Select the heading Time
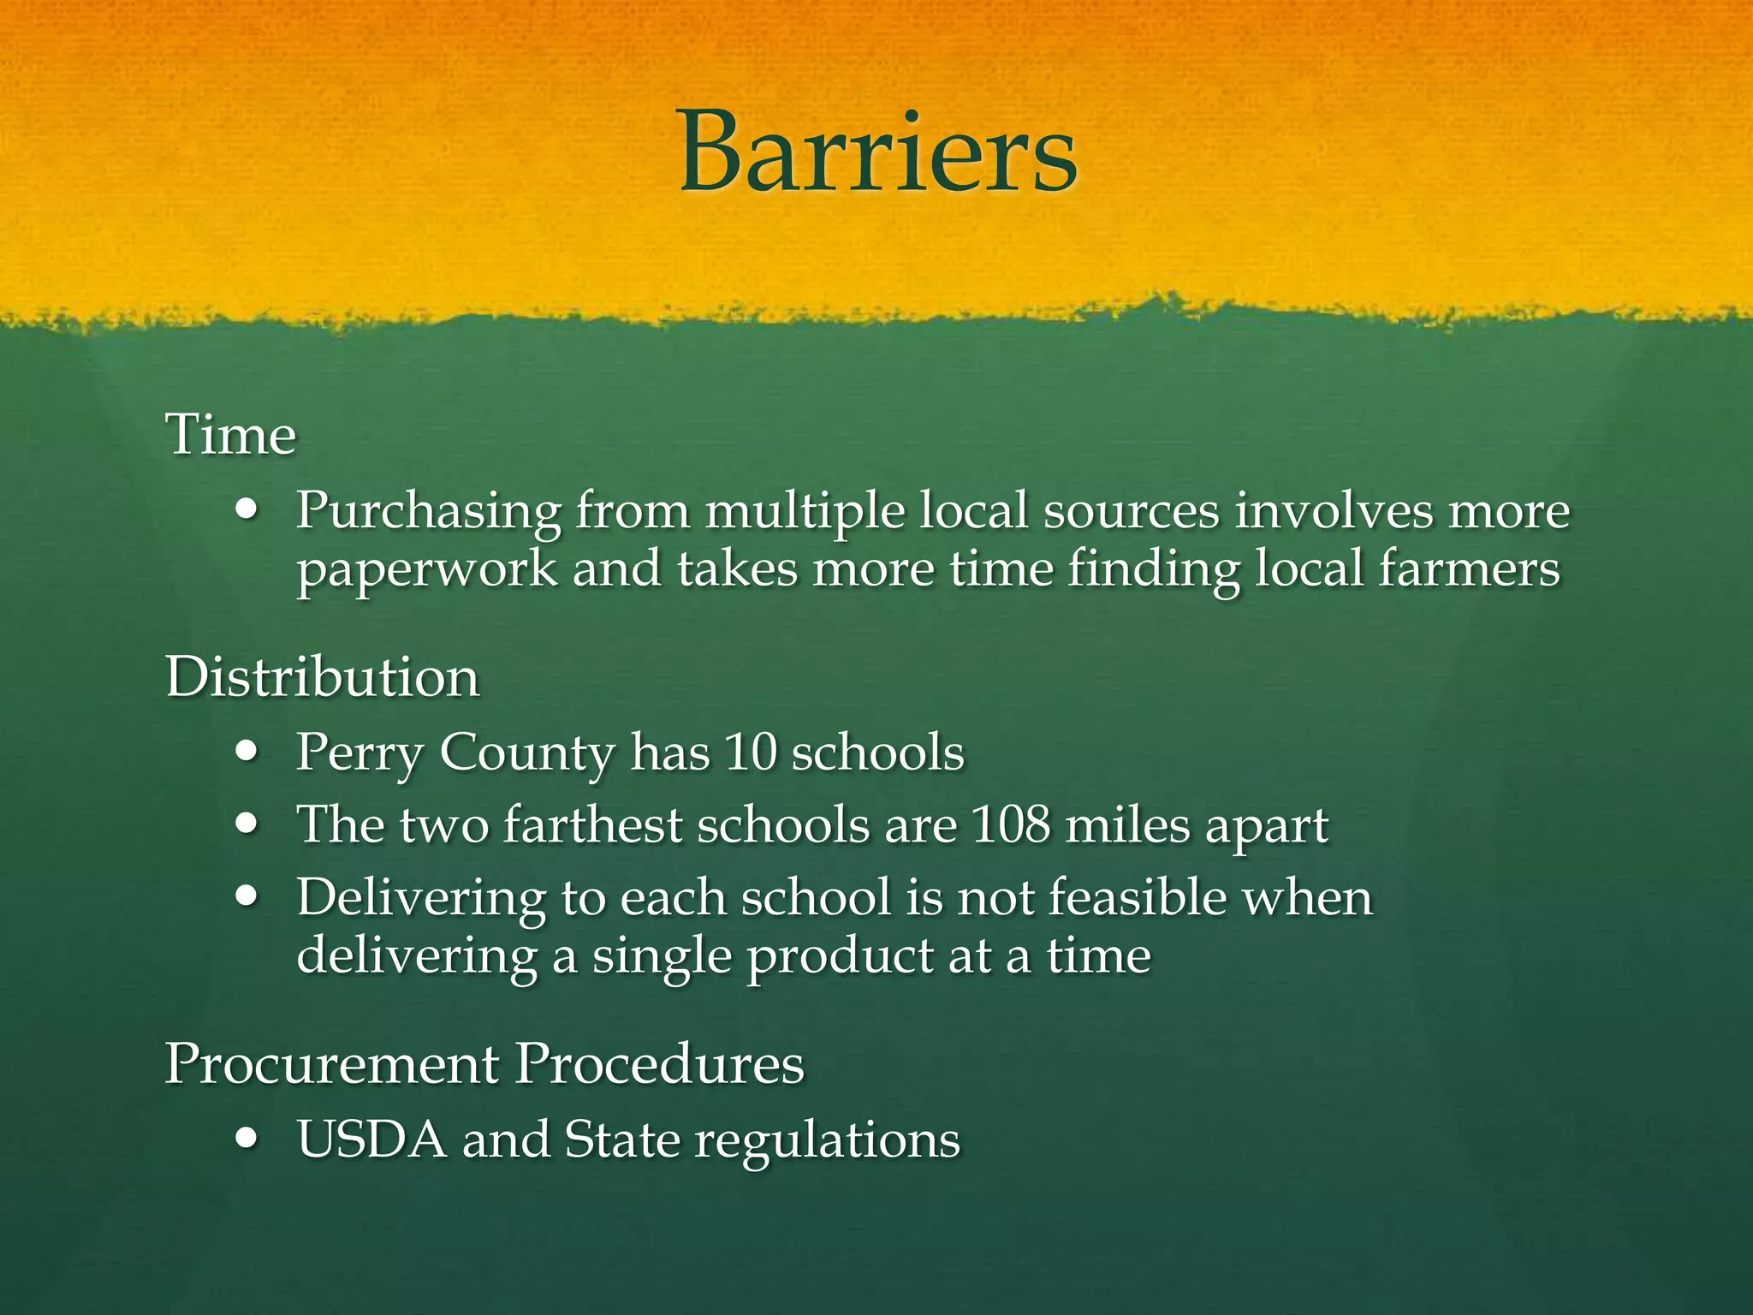tap(230, 435)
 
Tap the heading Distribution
tap(322, 677)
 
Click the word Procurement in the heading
tap(332, 1064)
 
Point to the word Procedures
tap(659, 1064)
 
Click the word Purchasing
tap(428, 512)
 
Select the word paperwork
tap(426, 570)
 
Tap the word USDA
tap(371, 1139)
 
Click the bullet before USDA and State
tap(247, 1139)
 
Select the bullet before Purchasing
tap(247, 510)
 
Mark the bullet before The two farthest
tap(247, 824)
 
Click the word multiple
tap(805, 512)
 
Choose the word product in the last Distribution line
tap(839, 956)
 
